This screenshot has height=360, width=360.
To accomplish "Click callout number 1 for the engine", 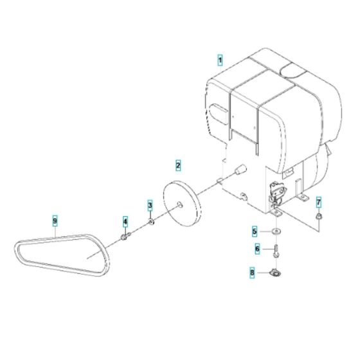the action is (x=220, y=60).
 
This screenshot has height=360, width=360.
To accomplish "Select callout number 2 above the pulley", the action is (x=178, y=165).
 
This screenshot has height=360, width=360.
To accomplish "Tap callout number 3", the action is (x=150, y=205).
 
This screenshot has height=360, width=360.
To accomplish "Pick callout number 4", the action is (x=125, y=222).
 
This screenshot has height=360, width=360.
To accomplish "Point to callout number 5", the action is (x=255, y=231).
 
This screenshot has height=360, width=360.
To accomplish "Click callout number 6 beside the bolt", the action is (x=257, y=249).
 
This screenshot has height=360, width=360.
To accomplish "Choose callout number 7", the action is (x=319, y=203).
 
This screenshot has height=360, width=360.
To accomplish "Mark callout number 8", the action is (x=252, y=273).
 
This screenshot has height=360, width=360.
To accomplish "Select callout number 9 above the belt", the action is (x=55, y=221).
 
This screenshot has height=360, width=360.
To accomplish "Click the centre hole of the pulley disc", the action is (x=180, y=204).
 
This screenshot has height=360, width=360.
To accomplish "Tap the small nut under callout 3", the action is (x=151, y=222).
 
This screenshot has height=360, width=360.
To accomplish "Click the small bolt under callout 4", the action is (x=126, y=236).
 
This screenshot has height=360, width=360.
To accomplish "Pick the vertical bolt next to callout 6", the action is (x=276, y=251).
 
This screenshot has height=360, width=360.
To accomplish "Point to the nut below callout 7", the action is (x=318, y=216).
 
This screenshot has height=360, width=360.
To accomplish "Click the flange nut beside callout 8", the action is (x=275, y=273).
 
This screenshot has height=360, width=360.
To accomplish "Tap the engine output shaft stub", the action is (x=240, y=170).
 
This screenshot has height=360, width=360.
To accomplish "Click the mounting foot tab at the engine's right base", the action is (x=303, y=198).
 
